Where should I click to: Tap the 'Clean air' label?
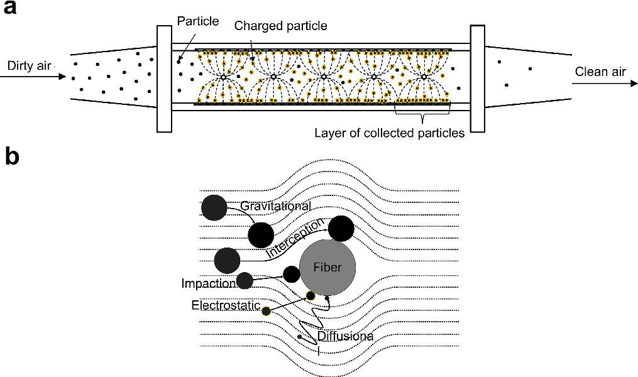600,72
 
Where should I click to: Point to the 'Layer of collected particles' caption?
388,133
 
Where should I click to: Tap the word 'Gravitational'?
275,206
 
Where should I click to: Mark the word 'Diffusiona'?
344,336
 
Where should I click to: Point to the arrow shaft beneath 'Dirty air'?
31,77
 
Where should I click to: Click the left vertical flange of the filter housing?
164,78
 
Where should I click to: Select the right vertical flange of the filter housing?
477,78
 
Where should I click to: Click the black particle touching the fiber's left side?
291,274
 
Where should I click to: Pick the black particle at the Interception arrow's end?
341,229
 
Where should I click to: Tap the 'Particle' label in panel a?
197,21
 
